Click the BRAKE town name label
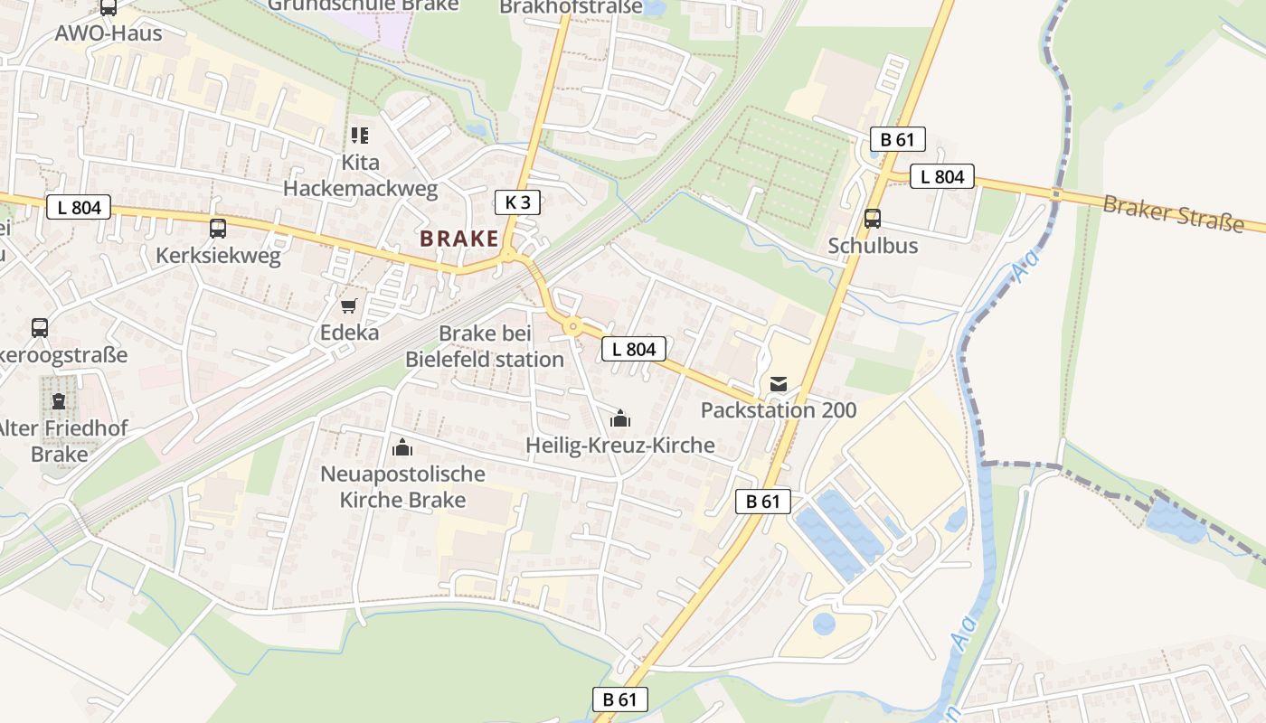click(459, 239)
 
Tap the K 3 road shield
click(518, 202)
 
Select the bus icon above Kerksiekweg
click(218, 229)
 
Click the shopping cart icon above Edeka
click(349, 306)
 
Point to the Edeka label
click(349, 333)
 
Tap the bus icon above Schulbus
click(873, 219)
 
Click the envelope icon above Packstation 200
click(779, 384)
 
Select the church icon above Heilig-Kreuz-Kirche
click(620, 418)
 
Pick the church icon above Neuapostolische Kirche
click(402, 446)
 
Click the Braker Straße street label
click(1172, 212)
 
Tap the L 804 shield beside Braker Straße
click(942, 176)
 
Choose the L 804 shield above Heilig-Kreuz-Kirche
click(634, 348)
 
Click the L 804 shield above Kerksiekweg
click(79, 207)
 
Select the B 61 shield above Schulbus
click(898, 139)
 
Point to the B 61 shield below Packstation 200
click(763, 502)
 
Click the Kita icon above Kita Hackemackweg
click(360, 136)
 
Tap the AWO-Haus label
click(109, 33)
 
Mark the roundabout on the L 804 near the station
click(572, 326)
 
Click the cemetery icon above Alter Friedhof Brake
click(59, 400)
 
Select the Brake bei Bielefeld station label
click(485, 346)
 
